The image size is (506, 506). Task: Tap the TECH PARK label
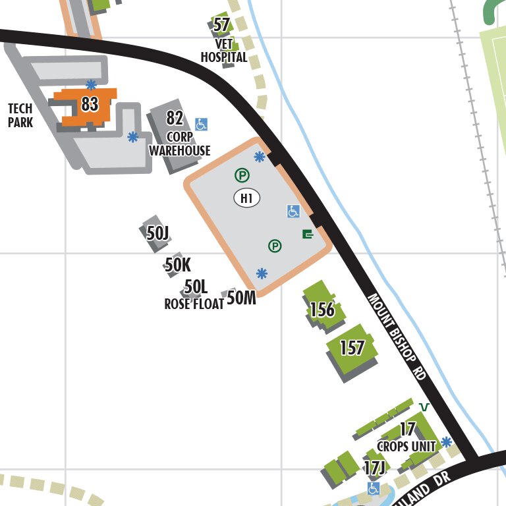[20, 115]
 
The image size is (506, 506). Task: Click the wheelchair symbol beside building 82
[202, 124]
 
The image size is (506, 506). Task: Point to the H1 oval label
[247, 197]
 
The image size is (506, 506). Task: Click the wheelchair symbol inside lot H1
[293, 211]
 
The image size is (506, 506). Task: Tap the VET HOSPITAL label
[224, 51]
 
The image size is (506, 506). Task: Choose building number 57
[222, 26]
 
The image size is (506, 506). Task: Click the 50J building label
[158, 233]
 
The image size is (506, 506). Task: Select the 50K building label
[177, 265]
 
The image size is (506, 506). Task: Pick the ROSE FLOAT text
[194, 304]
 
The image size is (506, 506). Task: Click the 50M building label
[241, 298]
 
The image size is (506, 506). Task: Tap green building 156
[322, 309]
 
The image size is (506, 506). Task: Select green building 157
[352, 347]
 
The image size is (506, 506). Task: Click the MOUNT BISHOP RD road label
[397, 337]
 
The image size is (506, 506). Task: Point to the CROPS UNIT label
[407, 446]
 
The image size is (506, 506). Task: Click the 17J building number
[374, 468]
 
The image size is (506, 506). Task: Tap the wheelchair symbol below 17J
[374, 488]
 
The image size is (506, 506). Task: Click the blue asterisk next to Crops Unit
[447, 441]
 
